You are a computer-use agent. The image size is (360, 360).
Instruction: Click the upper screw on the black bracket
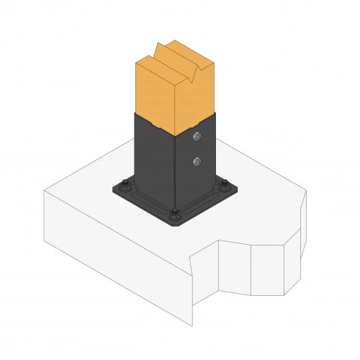tap(195, 135)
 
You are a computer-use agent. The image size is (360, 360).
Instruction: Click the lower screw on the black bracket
tap(196, 162)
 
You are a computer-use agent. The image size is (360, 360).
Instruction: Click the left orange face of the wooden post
tap(155, 94)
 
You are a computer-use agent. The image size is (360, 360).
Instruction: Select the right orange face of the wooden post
tap(198, 94)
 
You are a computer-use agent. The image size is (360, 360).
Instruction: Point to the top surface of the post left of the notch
tap(156, 57)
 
